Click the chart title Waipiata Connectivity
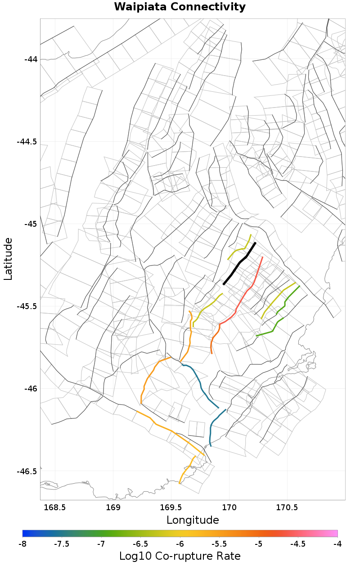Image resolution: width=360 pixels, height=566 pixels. (x=180, y=7)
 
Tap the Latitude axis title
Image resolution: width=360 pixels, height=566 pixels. (x=8, y=259)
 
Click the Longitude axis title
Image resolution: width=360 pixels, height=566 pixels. (x=193, y=520)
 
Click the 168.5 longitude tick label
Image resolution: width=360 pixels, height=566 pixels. (x=55, y=508)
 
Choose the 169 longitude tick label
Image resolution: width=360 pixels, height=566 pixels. (x=113, y=508)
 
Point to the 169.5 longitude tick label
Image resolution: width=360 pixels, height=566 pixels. (x=171, y=508)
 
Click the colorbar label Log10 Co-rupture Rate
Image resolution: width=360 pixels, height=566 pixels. (x=180, y=556)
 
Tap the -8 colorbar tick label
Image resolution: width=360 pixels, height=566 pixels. (x=22, y=544)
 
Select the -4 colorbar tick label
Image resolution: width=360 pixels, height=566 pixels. (x=337, y=544)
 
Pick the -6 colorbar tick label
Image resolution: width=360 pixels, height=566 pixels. (x=180, y=544)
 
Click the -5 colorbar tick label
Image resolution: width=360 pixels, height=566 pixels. (x=259, y=544)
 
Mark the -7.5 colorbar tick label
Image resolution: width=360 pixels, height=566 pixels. (x=62, y=544)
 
